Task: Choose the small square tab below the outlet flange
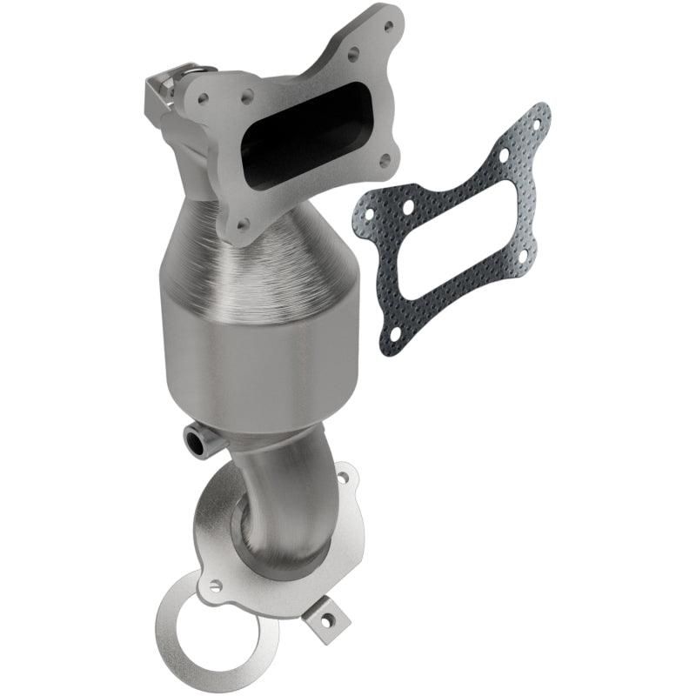[327, 621]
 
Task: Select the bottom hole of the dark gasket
[393, 331]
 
